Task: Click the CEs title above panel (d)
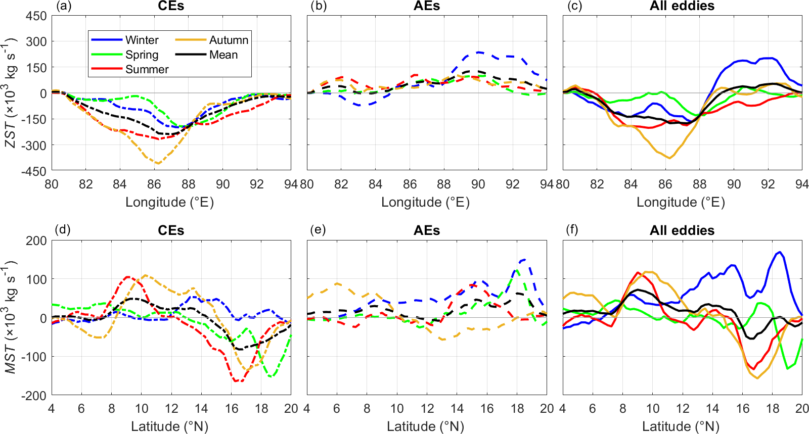point(171,230)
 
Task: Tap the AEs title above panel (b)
point(427,6)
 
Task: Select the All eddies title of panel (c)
point(682,6)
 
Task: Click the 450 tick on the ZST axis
point(36,16)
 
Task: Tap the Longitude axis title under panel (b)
point(425,202)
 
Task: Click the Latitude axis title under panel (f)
point(681,426)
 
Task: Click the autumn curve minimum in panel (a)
point(158,163)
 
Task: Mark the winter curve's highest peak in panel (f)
point(780,252)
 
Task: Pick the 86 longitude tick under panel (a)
point(154,184)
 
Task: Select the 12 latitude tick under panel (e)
point(427,408)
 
